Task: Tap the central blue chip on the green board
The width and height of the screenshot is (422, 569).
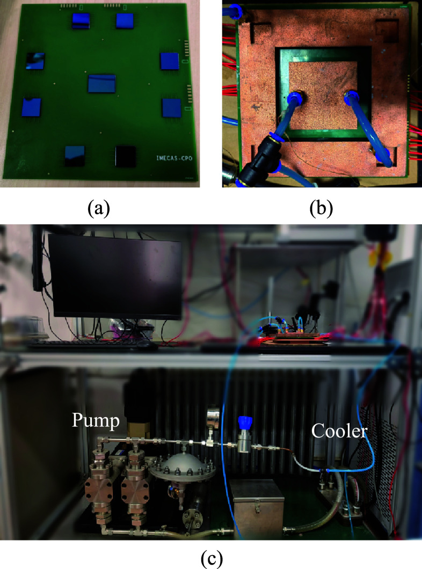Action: pos(103,84)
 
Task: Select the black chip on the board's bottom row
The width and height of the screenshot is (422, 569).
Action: pos(127,156)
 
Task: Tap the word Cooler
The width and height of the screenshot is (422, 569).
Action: pos(339,431)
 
